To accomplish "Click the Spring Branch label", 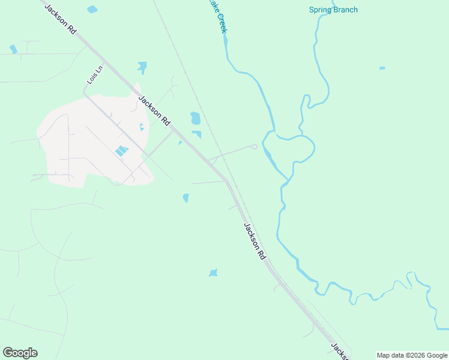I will click(x=333, y=10).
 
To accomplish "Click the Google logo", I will click(x=20, y=353).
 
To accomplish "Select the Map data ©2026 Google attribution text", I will click(x=412, y=355).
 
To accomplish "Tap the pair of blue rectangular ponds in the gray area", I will click(x=121, y=151).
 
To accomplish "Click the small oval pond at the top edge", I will click(x=92, y=9).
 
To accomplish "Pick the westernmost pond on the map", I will click(x=13, y=49).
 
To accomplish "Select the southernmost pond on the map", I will click(x=213, y=273).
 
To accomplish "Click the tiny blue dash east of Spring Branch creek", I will click(x=382, y=68).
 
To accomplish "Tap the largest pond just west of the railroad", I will click(x=195, y=118).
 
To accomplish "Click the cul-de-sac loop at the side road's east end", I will click(x=255, y=146).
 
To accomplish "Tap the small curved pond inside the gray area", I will click(x=142, y=127).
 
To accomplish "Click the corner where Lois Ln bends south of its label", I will click(x=85, y=94).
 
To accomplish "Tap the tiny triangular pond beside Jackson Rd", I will click(x=179, y=143).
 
